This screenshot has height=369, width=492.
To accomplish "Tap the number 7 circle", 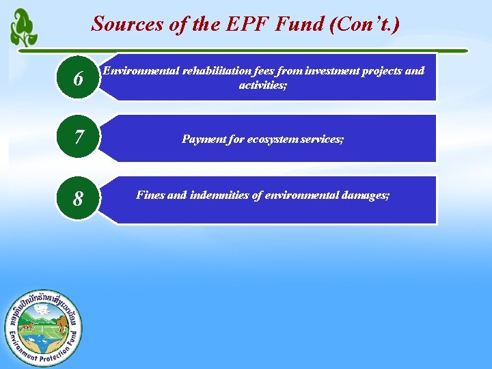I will click(79, 139).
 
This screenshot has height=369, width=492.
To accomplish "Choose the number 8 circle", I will click(79, 199).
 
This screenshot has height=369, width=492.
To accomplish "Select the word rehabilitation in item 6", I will click(211, 71).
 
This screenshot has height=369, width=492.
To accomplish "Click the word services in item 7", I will click(322, 139).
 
